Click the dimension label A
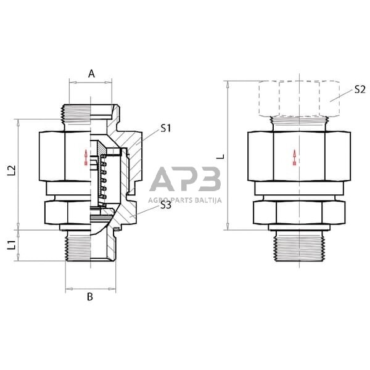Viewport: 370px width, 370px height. click(x=91, y=73)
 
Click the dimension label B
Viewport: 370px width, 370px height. click(x=90, y=297)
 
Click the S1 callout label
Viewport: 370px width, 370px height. click(x=165, y=128)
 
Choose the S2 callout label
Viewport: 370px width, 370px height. click(x=360, y=89)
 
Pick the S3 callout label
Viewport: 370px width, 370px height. click(x=165, y=205)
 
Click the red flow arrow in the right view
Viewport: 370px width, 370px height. click(x=294, y=158)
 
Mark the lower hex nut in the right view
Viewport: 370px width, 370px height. click(x=298, y=214)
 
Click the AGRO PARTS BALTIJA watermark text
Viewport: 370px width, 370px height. click(x=184, y=200)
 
